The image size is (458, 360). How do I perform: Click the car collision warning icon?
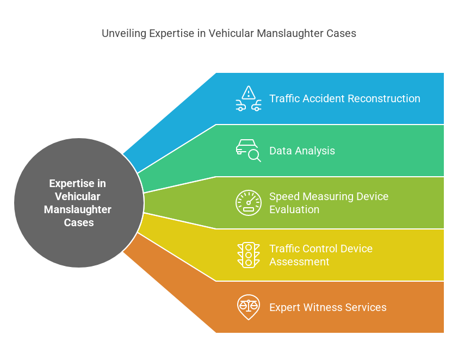click(249, 98)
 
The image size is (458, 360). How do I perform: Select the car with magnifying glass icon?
click(248, 151)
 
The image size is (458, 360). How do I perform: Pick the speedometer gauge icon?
click(249, 203)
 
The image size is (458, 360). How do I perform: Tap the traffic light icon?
click(249, 255)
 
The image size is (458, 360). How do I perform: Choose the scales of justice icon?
click(249, 307)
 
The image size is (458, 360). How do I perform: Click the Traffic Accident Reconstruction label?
click(345, 98)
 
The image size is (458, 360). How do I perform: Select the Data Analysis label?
click(302, 151)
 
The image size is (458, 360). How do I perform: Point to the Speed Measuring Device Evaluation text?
click(329, 203)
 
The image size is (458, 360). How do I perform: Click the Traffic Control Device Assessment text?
click(321, 255)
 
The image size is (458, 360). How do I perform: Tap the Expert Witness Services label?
click(328, 307)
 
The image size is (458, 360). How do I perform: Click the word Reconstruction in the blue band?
click(384, 98)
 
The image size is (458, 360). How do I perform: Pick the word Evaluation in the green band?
click(294, 209)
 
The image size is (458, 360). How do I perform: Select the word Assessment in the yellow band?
click(300, 262)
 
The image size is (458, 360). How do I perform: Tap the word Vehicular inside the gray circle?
click(78, 196)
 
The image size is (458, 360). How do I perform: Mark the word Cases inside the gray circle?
click(79, 222)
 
